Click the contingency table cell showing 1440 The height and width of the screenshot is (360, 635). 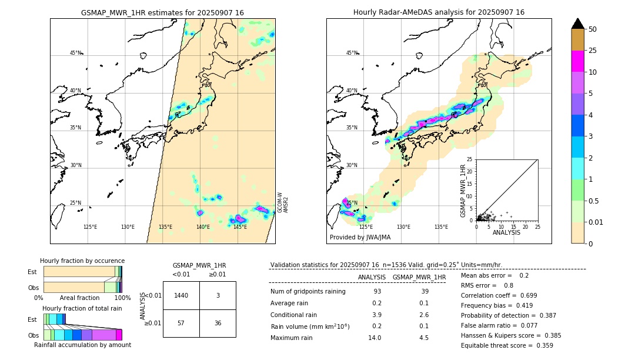pos(181,295)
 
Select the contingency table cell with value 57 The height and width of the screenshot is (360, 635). pos(181,323)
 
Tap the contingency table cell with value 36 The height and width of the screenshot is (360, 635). pos(218,323)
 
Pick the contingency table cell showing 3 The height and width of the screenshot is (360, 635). pos(218,295)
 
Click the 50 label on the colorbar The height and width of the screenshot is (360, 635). pos(593,29)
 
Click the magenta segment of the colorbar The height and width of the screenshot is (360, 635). pos(578,61)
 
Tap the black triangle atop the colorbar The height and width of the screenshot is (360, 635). pos(578,24)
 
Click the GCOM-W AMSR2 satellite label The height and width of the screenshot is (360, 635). pos(283,202)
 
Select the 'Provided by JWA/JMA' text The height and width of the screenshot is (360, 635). pos(360,237)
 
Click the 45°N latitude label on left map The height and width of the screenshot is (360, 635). pos(76,53)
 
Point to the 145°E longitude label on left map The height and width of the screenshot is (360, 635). pos(240,227)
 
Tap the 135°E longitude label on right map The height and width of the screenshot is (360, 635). pos(441,227)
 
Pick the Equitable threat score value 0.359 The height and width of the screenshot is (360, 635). pos(541,345)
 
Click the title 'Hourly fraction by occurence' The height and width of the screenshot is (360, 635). pos(82,261)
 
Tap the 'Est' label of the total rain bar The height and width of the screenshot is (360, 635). pos(32,319)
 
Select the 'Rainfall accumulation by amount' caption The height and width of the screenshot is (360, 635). pos(82,345)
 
